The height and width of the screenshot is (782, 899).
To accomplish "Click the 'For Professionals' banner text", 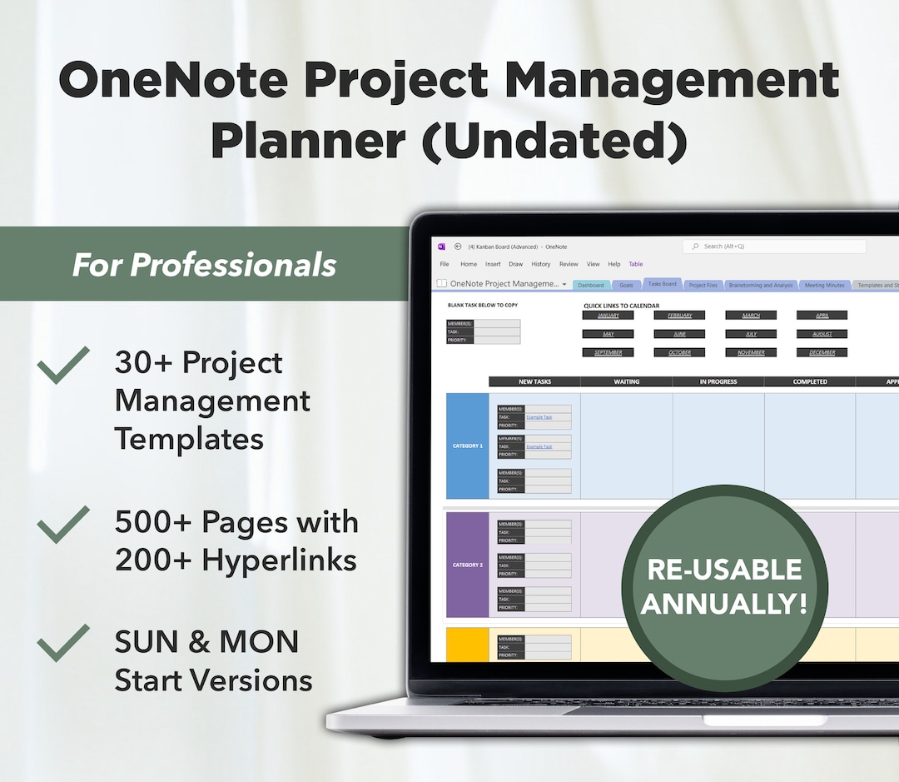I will (x=204, y=265).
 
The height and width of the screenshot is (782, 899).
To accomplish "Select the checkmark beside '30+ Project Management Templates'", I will (x=63, y=365).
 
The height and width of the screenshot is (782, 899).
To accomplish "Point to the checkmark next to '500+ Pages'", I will (x=63, y=524).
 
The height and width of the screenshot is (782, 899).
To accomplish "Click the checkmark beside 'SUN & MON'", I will (x=63, y=643).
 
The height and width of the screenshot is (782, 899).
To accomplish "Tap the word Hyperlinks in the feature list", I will (x=279, y=560).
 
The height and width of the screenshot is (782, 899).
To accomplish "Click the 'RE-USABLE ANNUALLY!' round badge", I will (x=724, y=587).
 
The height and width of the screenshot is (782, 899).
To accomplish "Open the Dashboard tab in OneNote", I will (x=590, y=285).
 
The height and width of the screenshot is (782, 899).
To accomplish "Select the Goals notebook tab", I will (x=626, y=285).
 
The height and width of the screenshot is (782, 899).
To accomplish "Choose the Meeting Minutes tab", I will (x=824, y=285).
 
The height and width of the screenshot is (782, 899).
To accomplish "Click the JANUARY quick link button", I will (x=608, y=316).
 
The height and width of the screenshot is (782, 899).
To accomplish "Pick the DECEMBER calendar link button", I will (x=822, y=352).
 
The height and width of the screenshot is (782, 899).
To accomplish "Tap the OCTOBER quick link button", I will (x=679, y=352).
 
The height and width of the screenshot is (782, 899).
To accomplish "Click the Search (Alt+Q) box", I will (x=774, y=247).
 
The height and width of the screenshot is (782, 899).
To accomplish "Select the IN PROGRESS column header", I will (x=718, y=381).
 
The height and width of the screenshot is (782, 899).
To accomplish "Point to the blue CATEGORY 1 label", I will (x=467, y=446).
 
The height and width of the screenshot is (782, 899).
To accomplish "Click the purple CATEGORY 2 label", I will (x=467, y=565).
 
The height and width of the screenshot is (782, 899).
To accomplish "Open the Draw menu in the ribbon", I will (x=516, y=264).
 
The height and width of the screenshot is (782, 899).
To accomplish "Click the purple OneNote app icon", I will (x=441, y=247).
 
